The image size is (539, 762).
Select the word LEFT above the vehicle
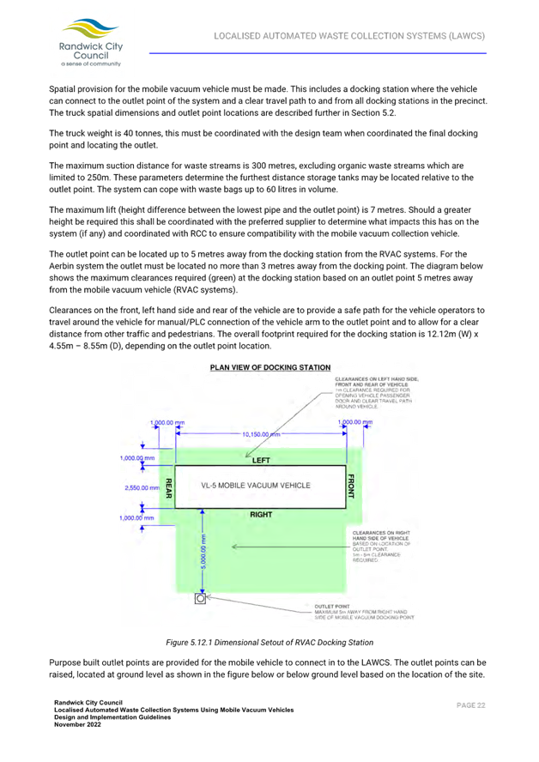pyautogui.click(x=260, y=460)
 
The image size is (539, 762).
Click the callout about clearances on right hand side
pyautogui.click(x=384, y=545)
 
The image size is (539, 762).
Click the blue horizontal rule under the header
pyautogui.click(x=318, y=53)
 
